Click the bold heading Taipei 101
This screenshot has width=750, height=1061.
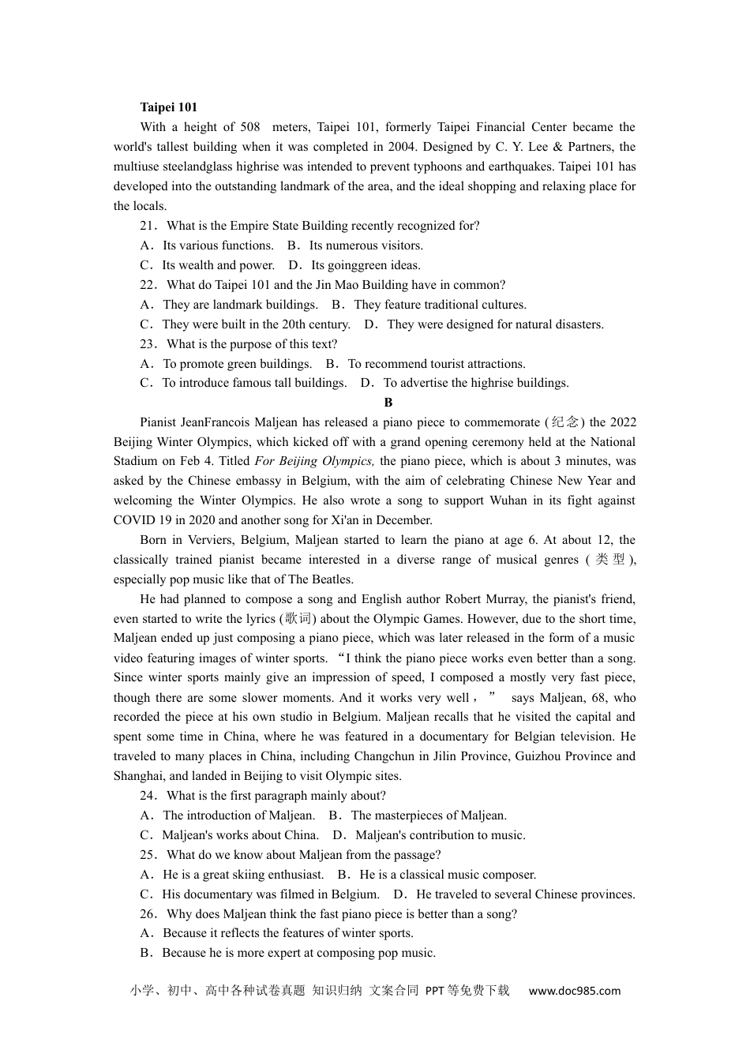[x=168, y=107]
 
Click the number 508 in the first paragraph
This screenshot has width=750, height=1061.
[x=250, y=127]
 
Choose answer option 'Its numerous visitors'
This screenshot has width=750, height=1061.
[x=366, y=246]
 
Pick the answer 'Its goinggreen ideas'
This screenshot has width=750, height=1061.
[x=366, y=265]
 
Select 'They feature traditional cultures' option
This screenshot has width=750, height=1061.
[x=440, y=305]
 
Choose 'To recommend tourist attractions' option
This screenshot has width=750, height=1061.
[x=436, y=364]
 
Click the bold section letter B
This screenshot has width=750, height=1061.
[x=388, y=403]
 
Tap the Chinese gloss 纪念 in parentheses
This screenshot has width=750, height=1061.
[x=565, y=422]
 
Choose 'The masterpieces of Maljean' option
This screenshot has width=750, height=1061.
[x=429, y=815]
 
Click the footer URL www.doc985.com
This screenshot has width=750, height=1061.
[x=574, y=991]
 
